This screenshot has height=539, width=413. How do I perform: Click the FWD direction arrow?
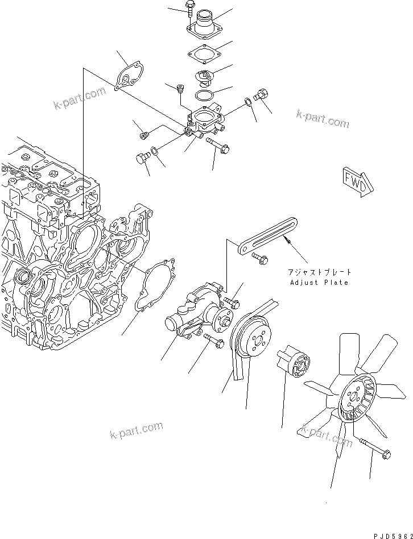coord(356,179)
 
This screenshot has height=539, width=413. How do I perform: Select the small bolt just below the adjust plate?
coord(262,259)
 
